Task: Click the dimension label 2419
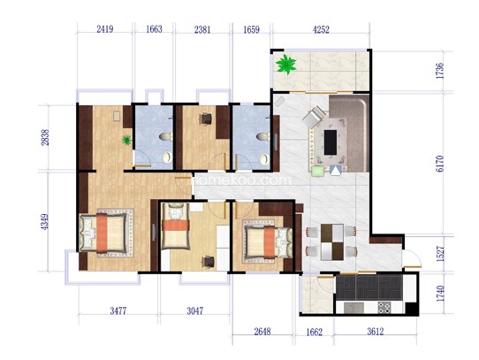pyautogui.click(x=105, y=29)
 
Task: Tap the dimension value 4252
pyautogui.click(x=322, y=30)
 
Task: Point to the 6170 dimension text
pyautogui.click(x=440, y=164)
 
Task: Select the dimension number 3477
pyautogui.click(x=118, y=311)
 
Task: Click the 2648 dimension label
pyautogui.click(x=262, y=332)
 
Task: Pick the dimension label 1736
pyautogui.click(x=440, y=71)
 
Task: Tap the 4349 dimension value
pyautogui.click(x=44, y=222)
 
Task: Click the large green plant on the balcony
pyautogui.click(x=286, y=64)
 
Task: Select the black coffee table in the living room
pyautogui.click(x=331, y=142)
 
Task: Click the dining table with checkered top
pyautogui.click(x=332, y=242)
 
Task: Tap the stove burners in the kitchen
pyautogui.click(x=384, y=308)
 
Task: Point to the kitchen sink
pyautogui.click(x=354, y=308)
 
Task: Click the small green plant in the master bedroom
pyautogui.click(x=126, y=140)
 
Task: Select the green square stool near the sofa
pyautogui.click(x=317, y=171)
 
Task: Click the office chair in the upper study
pyautogui.click(x=206, y=119)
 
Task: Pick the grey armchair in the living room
pyautogui.click(x=314, y=116)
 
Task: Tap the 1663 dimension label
pyautogui.click(x=154, y=29)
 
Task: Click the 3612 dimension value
pyautogui.click(x=376, y=332)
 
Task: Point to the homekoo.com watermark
pyautogui.click(x=241, y=180)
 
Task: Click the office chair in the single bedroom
pyautogui.click(x=209, y=262)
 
